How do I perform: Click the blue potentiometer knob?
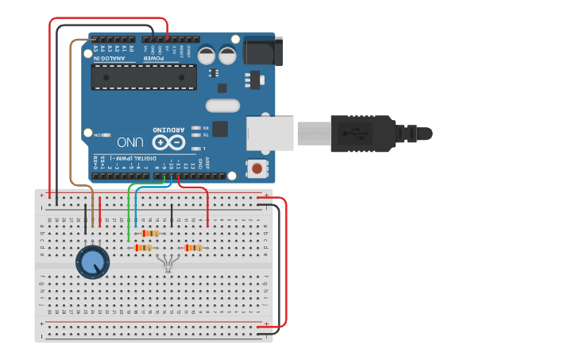tap(93, 261)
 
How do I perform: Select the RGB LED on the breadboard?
tap(167, 263)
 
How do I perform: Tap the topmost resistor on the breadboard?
tap(150, 233)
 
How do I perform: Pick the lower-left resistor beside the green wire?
tap(142, 248)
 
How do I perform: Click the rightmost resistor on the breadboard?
tap(193, 248)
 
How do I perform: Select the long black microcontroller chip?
tap(144, 76)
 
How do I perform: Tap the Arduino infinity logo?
tap(168, 142)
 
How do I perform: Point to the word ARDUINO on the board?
tap(168, 130)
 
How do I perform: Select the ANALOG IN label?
tap(109, 58)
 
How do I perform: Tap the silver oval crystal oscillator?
tap(222, 106)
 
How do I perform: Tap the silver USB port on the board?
tap(270, 134)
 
